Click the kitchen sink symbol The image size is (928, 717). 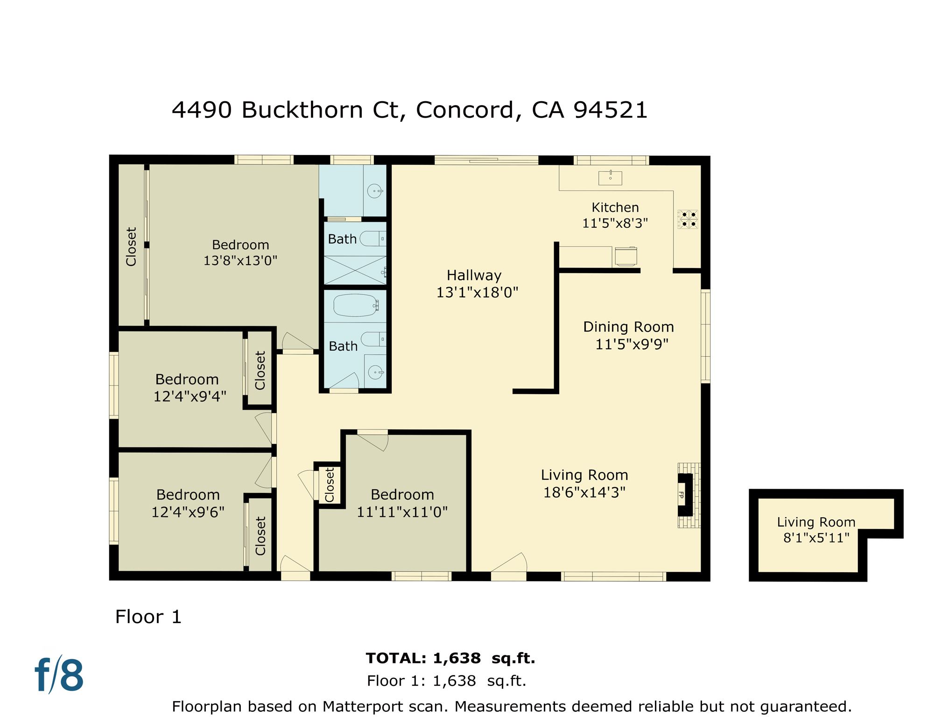610,177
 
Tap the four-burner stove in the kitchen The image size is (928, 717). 688,219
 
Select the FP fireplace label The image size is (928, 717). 681,494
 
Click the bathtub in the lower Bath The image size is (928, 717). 355,305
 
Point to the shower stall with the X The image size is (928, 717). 355,270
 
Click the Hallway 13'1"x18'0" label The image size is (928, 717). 477,284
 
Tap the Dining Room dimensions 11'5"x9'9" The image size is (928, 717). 632,344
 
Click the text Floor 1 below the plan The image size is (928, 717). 148,617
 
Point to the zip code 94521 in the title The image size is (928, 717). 610,110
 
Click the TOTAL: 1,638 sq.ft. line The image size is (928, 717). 450,658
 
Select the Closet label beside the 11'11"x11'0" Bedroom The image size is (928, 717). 330,485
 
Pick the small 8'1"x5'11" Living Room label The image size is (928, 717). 816,530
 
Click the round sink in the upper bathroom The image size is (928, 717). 374,191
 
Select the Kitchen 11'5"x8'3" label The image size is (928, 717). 615,215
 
